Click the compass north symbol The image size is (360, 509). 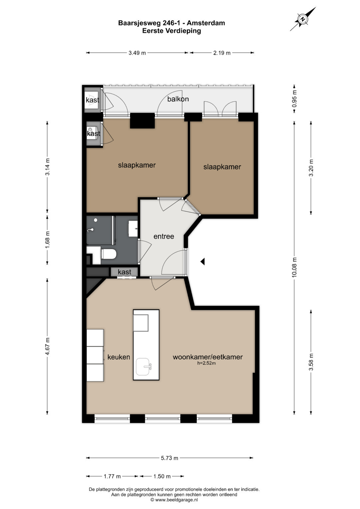(303, 19)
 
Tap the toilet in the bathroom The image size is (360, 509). (109, 254)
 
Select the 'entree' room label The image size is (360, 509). (164, 237)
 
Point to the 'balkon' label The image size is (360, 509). (178, 99)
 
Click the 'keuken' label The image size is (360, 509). (119, 357)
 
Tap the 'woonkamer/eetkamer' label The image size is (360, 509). (208, 357)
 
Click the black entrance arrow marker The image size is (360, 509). (203, 262)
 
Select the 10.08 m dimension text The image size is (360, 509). (294, 267)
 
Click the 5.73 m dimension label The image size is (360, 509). (170, 458)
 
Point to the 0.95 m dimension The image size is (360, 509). (294, 99)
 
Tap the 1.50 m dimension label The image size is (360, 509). (162, 476)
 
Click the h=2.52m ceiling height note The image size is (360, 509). (206, 363)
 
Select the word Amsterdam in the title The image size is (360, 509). (206, 23)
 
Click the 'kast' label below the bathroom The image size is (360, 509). (124, 272)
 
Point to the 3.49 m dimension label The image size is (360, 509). (137, 53)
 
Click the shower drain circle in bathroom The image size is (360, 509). (96, 220)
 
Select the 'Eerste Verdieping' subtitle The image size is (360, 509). (172, 31)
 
